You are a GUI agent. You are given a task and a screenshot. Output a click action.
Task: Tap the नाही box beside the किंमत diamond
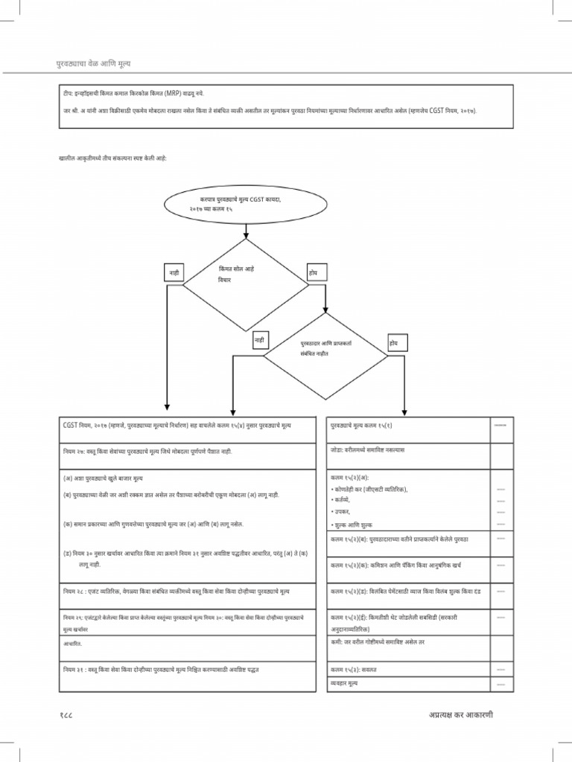pos(174,273)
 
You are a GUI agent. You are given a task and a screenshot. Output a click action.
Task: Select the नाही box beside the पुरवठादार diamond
pos(260,340)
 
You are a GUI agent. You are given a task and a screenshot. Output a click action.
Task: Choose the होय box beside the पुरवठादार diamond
pos(393,342)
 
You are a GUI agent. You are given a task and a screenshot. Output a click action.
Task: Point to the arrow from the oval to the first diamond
pos(245,231)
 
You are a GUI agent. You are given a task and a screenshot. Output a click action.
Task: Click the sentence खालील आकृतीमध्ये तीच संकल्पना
pos(112,159)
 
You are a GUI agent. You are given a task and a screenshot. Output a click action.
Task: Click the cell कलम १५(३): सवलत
pos(355,670)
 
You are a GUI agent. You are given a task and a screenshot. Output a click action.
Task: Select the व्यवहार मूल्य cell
pos(347,682)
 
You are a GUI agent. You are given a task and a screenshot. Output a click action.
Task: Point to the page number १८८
pos(66,715)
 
